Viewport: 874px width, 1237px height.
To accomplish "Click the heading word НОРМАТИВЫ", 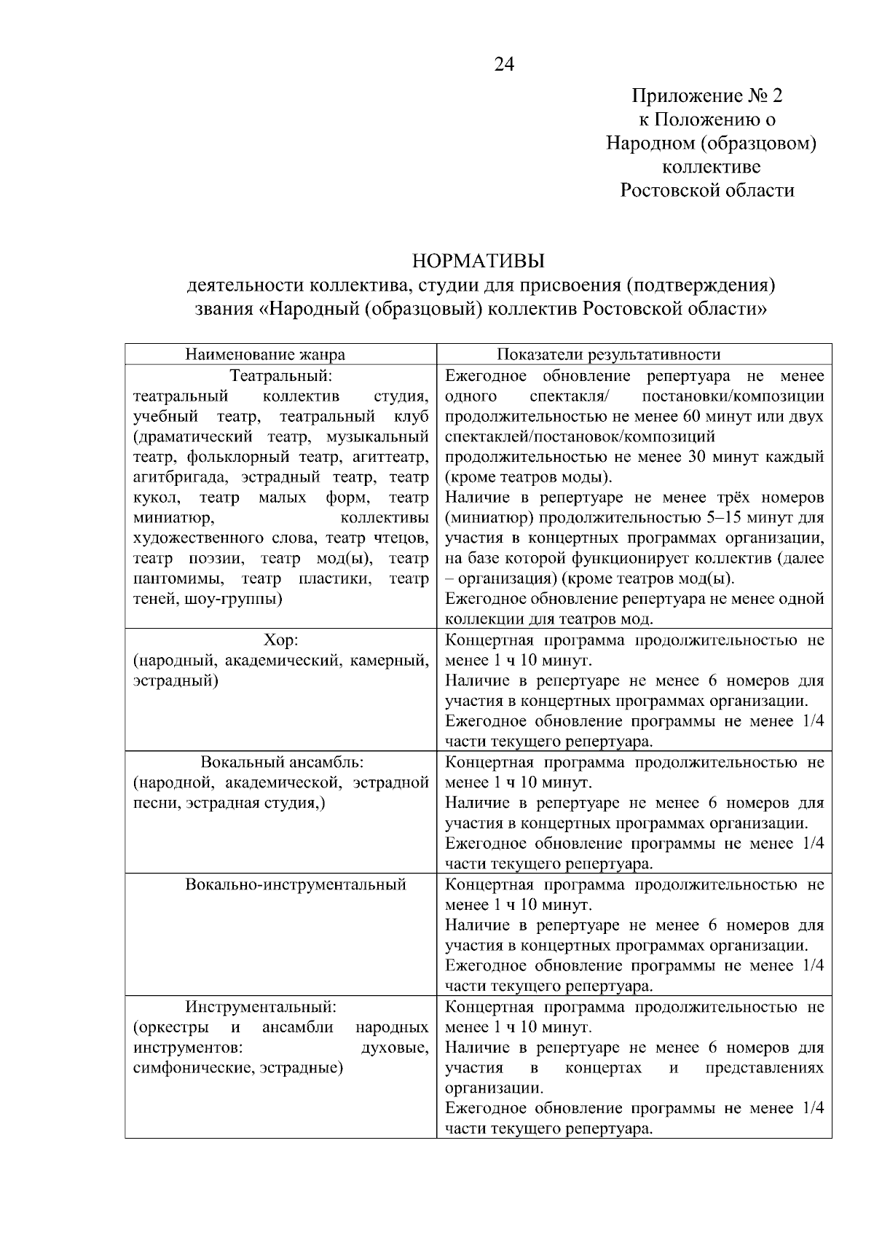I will click(x=479, y=261).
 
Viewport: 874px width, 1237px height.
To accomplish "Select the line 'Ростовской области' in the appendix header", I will click(x=707, y=191).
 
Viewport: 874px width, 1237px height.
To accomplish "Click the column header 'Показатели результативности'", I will click(x=608, y=355).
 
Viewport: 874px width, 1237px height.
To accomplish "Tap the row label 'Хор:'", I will click(x=281, y=640).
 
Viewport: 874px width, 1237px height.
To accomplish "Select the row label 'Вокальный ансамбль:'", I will click(x=282, y=763).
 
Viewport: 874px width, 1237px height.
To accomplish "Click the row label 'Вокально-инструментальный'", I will click(x=295, y=885).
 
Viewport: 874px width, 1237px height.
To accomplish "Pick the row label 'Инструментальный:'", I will click(x=261, y=1008).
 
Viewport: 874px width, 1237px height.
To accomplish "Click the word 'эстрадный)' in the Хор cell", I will click(x=176, y=682).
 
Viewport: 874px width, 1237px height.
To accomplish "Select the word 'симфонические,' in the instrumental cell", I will click(x=194, y=1069).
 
